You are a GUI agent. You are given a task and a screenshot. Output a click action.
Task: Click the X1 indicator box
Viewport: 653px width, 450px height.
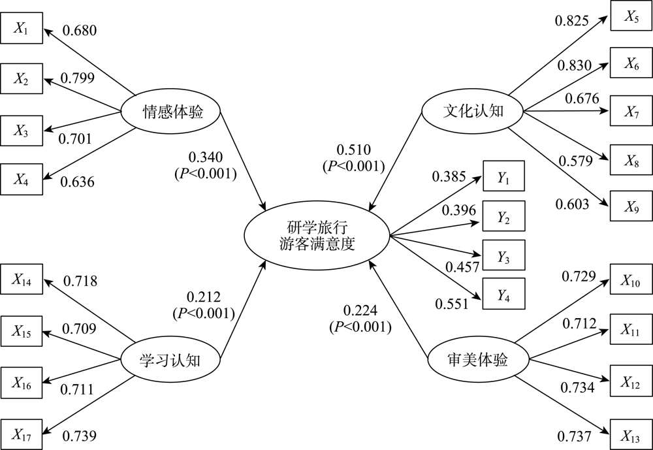(x=22, y=28)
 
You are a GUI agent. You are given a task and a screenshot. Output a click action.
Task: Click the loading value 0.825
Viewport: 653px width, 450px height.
(x=572, y=20)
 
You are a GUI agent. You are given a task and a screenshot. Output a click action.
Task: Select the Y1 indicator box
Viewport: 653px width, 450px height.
(x=503, y=176)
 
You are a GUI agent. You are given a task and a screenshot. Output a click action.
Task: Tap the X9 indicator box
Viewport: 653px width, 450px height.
(x=631, y=206)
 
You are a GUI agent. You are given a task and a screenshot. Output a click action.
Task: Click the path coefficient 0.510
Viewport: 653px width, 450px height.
(x=353, y=150)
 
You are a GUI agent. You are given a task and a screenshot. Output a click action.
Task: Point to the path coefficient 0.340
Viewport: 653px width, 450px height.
(x=206, y=157)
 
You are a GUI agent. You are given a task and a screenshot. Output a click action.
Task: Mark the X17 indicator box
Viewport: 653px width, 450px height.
(x=22, y=434)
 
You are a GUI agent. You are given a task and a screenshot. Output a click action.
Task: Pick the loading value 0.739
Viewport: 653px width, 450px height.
(x=80, y=436)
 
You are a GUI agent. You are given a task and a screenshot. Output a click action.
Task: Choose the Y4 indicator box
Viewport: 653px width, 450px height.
(x=503, y=294)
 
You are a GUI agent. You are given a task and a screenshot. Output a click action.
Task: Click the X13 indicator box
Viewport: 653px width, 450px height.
(x=631, y=434)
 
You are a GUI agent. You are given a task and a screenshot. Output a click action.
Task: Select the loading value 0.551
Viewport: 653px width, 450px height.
(x=452, y=304)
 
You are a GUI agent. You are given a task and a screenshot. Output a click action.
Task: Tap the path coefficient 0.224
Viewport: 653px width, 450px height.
(x=360, y=310)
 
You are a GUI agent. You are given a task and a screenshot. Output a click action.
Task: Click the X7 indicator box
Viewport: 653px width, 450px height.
(x=631, y=111)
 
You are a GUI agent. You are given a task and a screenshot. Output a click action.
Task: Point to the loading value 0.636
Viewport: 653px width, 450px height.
(x=78, y=182)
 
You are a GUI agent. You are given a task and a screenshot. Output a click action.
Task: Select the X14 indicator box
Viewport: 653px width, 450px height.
(x=22, y=279)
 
